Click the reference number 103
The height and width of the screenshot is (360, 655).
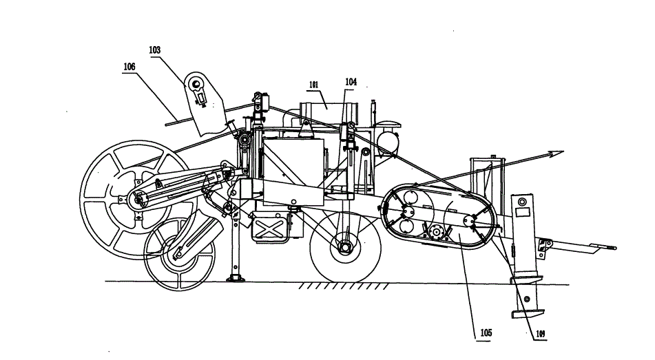[154, 50]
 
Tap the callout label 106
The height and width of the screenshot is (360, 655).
[129, 67]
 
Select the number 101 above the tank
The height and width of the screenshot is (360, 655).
[313, 85]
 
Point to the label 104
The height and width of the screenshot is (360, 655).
[351, 82]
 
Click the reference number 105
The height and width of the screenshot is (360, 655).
[486, 333]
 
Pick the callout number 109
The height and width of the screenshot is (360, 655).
[540, 334]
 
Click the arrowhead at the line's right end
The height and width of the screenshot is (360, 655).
[557, 153]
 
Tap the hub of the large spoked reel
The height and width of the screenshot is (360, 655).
[136, 200]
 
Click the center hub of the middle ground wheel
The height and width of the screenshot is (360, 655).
[346, 247]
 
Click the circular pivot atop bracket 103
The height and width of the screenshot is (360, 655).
[195, 85]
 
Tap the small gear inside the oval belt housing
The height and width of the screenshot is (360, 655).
[437, 231]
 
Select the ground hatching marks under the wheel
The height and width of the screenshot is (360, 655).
[343, 287]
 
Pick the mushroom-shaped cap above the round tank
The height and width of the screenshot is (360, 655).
[388, 125]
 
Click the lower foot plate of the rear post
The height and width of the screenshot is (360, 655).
[528, 313]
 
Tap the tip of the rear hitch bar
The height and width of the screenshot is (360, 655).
[614, 248]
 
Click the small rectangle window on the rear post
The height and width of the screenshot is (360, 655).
[522, 212]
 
